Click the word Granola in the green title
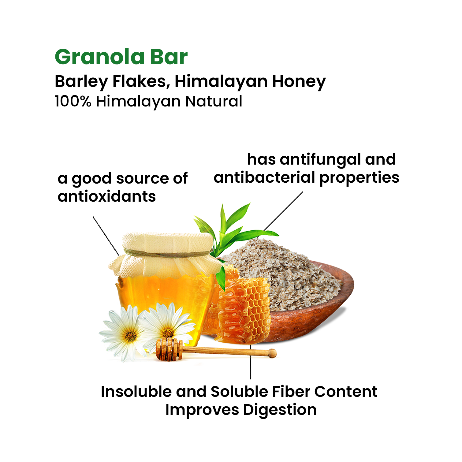tap(100, 57)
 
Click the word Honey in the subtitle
tap(299, 82)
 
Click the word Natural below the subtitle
tap(214, 101)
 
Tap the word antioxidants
tap(107, 196)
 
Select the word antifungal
tap(320, 160)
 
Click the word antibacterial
tap(265, 177)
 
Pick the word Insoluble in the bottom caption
tap(136, 392)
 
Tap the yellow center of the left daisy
tap(131, 336)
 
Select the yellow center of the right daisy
tap(168, 333)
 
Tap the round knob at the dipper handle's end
tap(272, 353)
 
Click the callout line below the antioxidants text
tap(106, 236)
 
